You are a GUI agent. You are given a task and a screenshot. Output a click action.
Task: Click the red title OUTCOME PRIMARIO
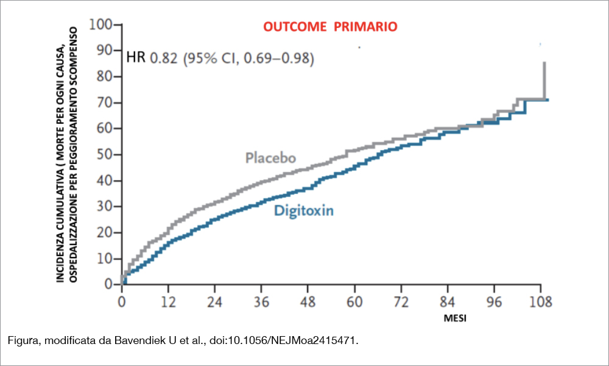tap(330, 27)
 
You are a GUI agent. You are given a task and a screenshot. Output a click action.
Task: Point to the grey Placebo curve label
tap(270, 158)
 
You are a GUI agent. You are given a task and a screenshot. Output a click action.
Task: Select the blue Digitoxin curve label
tap(304, 211)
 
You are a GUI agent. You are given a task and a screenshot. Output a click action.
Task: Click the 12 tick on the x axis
tap(168, 301)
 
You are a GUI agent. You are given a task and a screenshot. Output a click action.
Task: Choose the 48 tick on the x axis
tap(308, 301)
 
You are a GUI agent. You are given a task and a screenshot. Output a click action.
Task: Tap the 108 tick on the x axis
tap(541, 301)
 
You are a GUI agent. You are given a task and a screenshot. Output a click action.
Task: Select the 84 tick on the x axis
tap(448, 301)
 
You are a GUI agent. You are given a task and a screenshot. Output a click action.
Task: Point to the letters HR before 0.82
tap(136, 59)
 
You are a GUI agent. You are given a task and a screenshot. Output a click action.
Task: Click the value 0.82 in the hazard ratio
tap(163, 59)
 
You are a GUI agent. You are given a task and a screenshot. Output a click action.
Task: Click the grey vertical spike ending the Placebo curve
tap(544, 79)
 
